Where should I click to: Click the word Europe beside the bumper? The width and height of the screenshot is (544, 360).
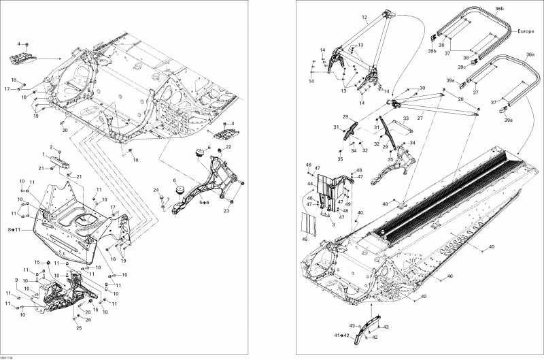pyautogui.click(x=526, y=32)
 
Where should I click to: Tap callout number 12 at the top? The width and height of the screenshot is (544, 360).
pyautogui.click(x=364, y=17)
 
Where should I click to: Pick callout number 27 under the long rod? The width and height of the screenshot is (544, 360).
pyautogui.click(x=420, y=118)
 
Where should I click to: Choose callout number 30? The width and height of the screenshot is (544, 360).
pyautogui.click(x=422, y=88)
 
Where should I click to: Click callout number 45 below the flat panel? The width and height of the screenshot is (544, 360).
pyautogui.click(x=305, y=239)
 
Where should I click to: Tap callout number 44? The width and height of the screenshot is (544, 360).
pyautogui.click(x=310, y=184)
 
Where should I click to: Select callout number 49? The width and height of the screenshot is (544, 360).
pyautogui.click(x=347, y=203)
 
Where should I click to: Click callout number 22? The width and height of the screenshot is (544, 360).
pyautogui.click(x=228, y=147)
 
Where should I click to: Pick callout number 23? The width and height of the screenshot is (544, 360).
pyautogui.click(x=226, y=212)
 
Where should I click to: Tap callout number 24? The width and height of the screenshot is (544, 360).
pyautogui.click(x=155, y=190)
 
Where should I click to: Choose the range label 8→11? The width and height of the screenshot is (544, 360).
pyautogui.click(x=12, y=231)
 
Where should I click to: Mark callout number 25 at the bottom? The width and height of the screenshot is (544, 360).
pyautogui.click(x=79, y=329)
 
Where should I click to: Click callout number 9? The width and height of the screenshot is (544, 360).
pyautogui.click(x=16, y=280)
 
